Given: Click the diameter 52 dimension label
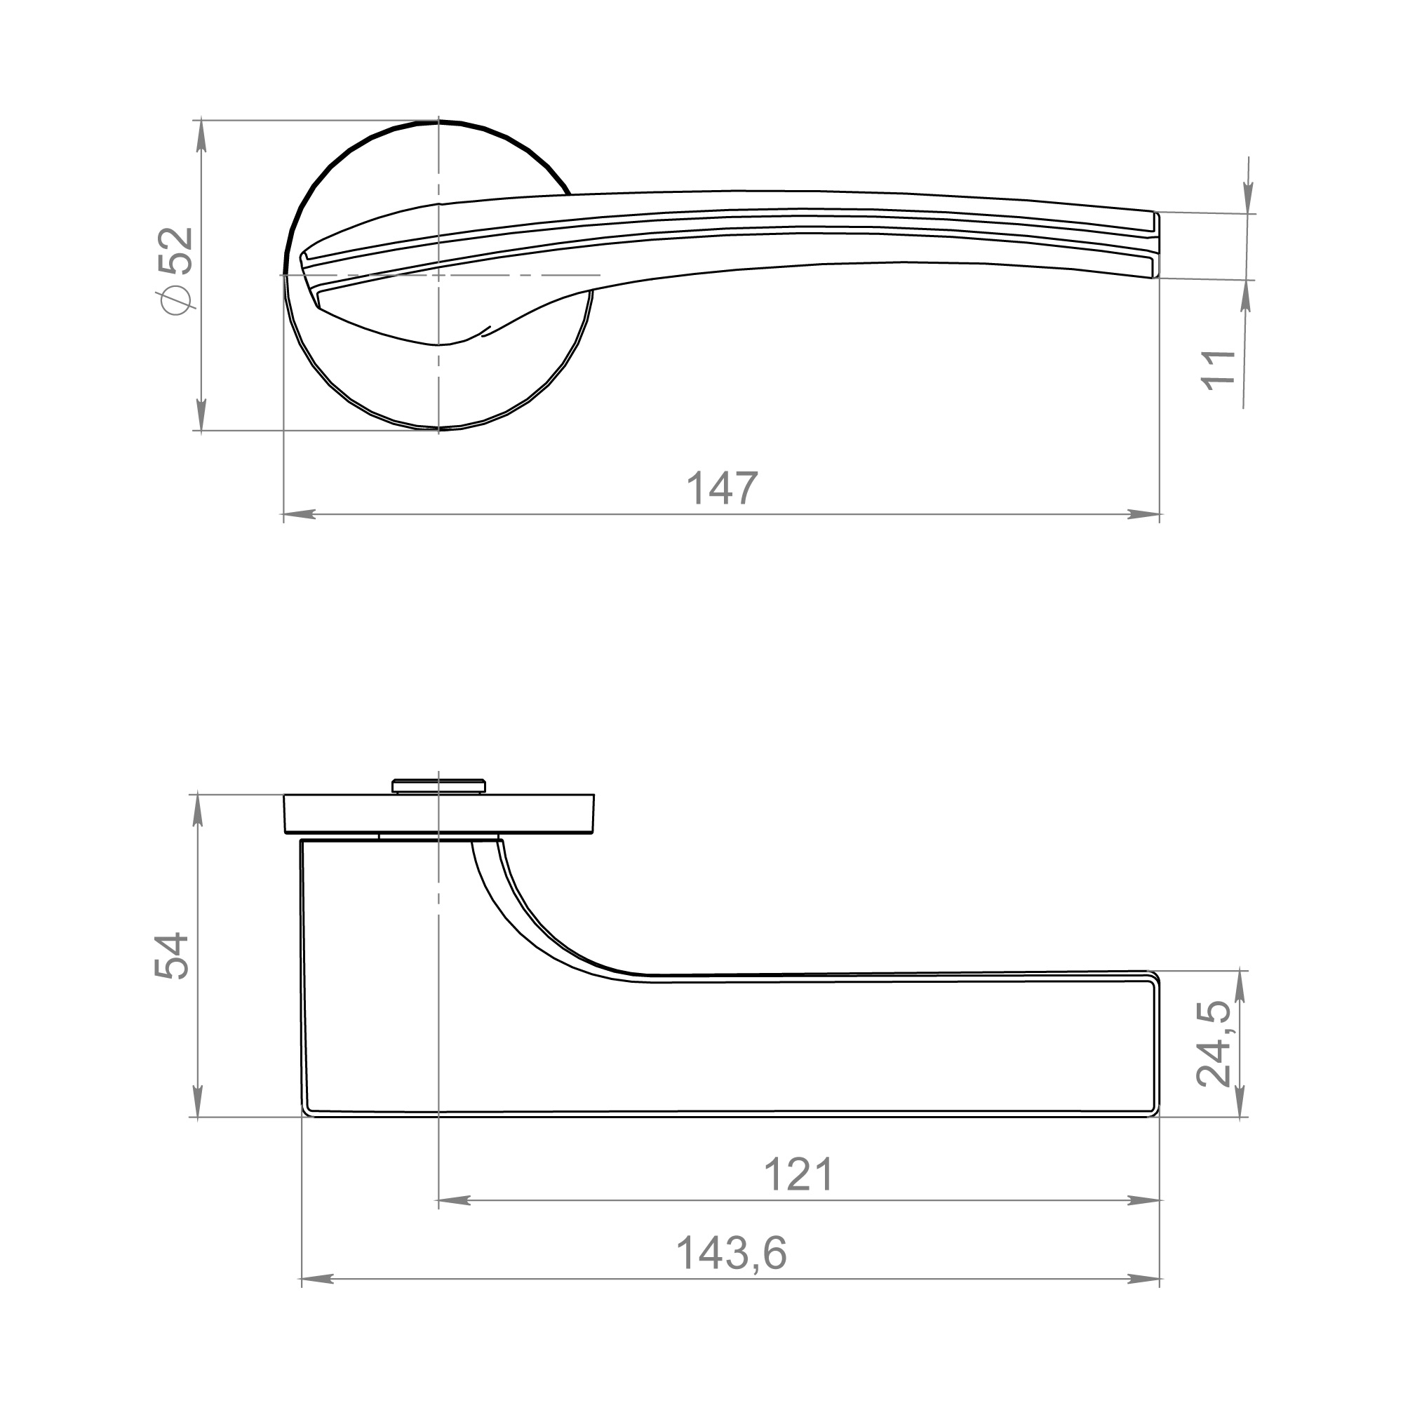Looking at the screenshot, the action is pos(176,270).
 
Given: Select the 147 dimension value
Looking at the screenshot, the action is pos(722,488).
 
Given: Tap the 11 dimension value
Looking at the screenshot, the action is pos(1219,371).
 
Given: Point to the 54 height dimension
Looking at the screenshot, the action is pos(172,956).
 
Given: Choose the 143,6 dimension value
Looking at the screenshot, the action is pos(731,1254).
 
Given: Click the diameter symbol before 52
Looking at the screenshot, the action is pos(176,301).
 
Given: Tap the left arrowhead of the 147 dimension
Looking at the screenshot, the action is pos(298,514).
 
